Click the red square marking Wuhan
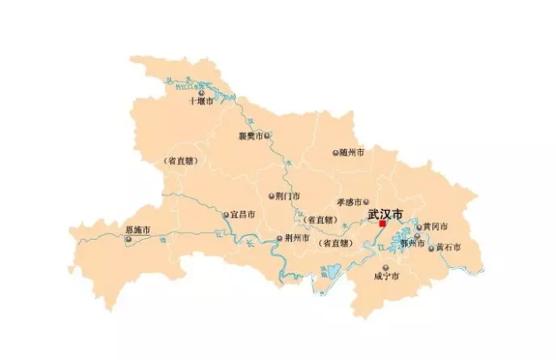pyautogui.click(x=382, y=223)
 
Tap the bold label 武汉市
pyautogui.click(x=385, y=213)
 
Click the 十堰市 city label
pyautogui.click(x=201, y=102)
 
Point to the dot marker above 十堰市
pyautogui.click(x=200, y=93)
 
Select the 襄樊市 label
pyautogui.click(x=251, y=135)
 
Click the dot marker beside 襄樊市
pyautogui.click(x=267, y=135)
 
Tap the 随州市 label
pyautogui.click(x=353, y=153)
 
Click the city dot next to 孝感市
pyautogui.click(x=365, y=201)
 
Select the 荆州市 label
pyautogui.click(x=296, y=238)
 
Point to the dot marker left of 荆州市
pyautogui.click(x=280, y=238)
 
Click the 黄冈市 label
pyautogui.click(x=435, y=226)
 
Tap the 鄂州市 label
pyautogui.click(x=412, y=245)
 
